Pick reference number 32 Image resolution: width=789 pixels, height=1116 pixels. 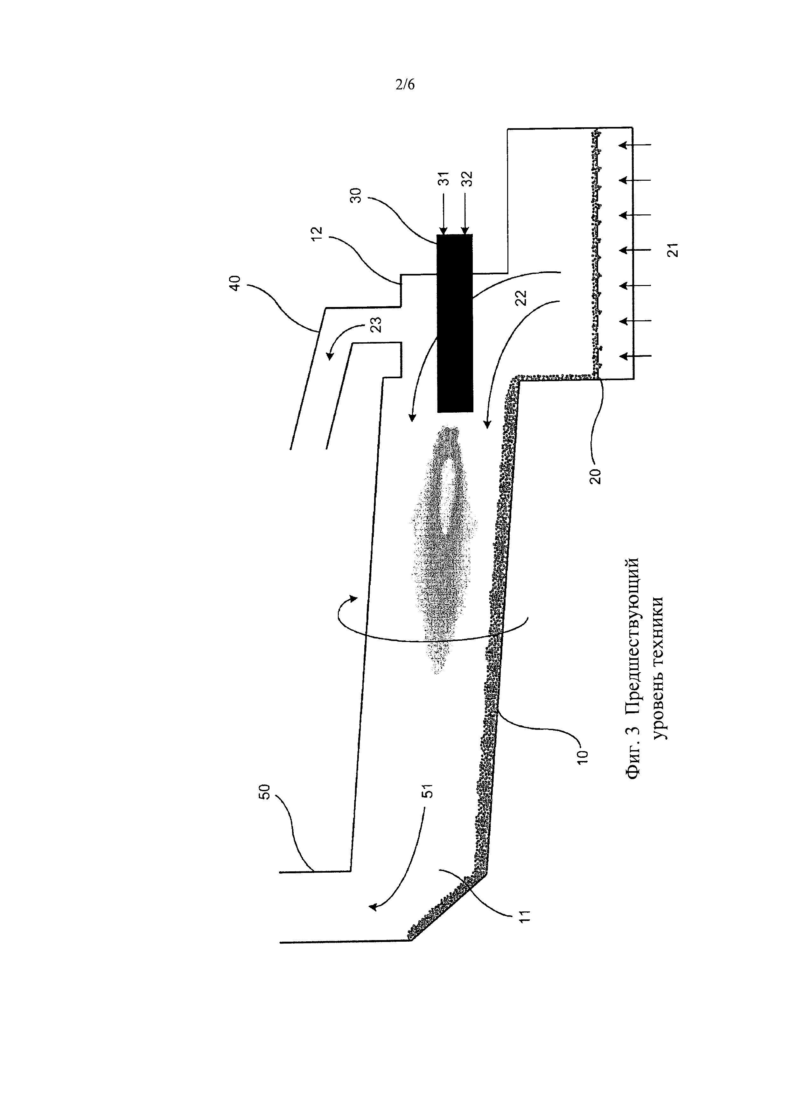pos(467,178)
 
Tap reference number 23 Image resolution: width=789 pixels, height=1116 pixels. pos(376,324)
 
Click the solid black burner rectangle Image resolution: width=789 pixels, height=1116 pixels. pos(455,323)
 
